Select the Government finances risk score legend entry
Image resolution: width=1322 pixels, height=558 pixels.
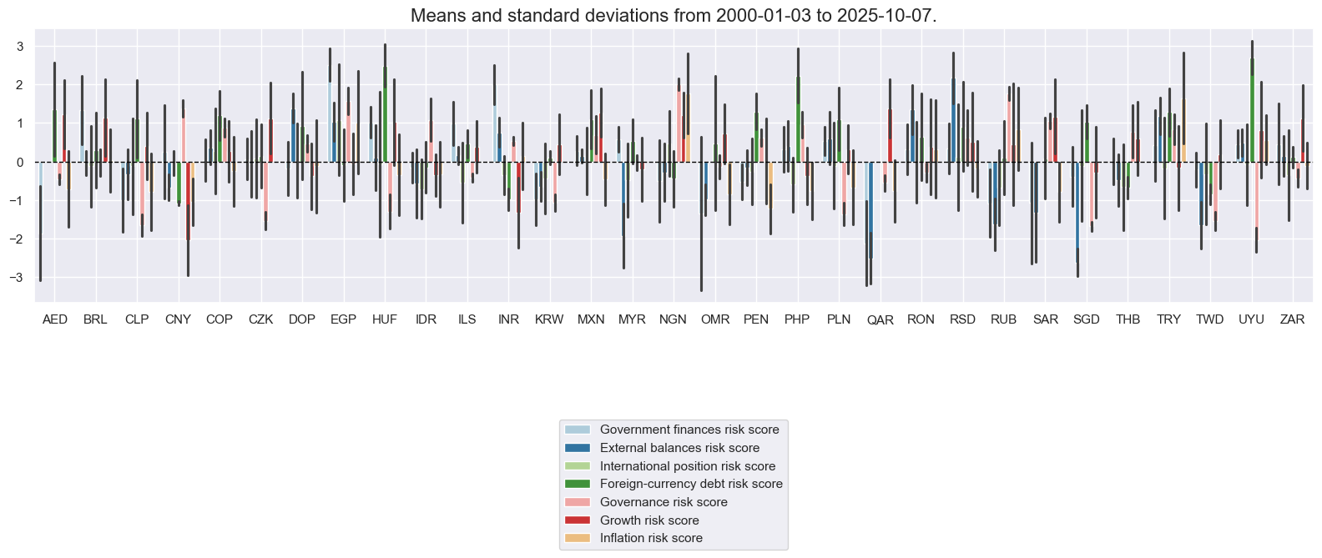pos(689,430)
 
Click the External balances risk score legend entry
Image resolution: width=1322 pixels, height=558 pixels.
pos(679,448)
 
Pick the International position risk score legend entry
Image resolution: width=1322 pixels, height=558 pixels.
pos(688,466)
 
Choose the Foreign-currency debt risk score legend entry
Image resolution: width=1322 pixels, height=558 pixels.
pos(691,484)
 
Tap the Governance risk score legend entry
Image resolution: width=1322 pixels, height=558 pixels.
pos(664,502)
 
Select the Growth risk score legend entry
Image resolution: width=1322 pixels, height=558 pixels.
pos(649,520)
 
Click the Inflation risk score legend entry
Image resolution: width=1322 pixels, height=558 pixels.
pos(651,538)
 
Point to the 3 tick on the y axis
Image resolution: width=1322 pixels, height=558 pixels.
pos(20,47)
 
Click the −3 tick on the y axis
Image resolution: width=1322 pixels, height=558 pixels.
pos(18,278)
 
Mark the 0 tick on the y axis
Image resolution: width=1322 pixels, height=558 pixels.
pos(20,162)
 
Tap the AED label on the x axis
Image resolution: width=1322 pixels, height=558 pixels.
pos(55,319)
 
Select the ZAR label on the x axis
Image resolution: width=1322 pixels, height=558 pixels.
pos(1292,319)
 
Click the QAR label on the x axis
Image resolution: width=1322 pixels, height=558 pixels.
pos(880,320)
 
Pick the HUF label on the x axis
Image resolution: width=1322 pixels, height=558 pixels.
pos(385,319)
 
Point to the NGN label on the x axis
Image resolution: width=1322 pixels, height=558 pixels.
pos(674,319)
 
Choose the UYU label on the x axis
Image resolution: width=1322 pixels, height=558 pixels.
pos(1251,319)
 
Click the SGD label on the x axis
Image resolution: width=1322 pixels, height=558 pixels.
pos(1086,319)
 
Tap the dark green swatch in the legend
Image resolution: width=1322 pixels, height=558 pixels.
pos(578,484)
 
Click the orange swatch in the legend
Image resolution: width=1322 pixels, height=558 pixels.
pos(578,538)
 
